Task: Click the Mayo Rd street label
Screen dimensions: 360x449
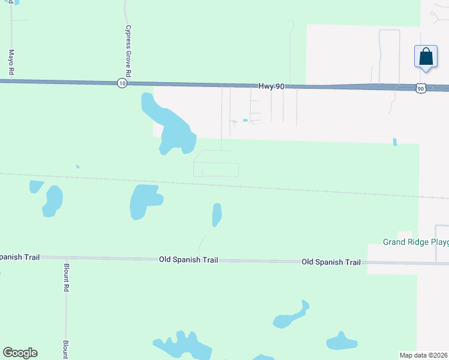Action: [x=11, y=62]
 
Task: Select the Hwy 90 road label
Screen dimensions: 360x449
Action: [x=271, y=86]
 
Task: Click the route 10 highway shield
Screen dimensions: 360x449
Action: [x=122, y=83]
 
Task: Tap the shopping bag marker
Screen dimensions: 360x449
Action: [x=426, y=57]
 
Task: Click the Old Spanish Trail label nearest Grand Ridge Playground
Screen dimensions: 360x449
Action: [x=331, y=262]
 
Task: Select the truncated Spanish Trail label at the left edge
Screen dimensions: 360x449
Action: [x=19, y=257]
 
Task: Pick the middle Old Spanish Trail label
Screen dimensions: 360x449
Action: [x=188, y=260]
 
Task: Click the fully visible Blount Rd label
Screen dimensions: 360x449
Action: [x=66, y=277]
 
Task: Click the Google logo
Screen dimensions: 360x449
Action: [x=20, y=353]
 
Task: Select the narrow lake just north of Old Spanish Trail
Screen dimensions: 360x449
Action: [x=217, y=214]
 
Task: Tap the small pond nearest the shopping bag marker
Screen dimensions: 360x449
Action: [x=394, y=142]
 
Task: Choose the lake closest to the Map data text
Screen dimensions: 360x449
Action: [x=342, y=341]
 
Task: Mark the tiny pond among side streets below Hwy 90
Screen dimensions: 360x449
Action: [x=245, y=121]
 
